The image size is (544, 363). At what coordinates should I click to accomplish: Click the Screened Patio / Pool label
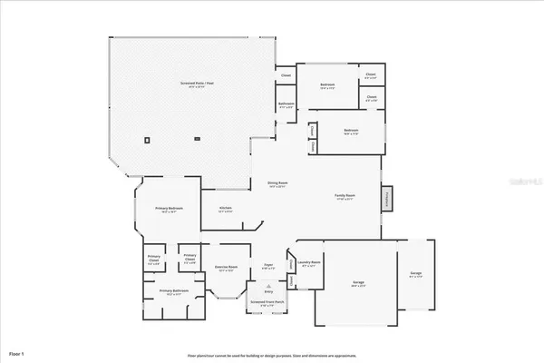[198, 83]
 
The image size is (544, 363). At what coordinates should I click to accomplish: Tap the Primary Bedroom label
[169, 208]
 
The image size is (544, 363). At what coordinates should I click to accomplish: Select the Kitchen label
[226, 208]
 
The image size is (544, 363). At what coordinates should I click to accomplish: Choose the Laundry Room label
[307, 264]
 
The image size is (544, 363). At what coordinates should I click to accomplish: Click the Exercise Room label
[226, 267]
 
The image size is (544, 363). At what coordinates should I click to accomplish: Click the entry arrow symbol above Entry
[267, 282]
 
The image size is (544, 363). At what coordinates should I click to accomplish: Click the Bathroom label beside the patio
[286, 104]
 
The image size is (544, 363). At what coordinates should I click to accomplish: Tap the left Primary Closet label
[154, 259]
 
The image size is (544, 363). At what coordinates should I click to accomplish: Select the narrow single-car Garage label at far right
[415, 273]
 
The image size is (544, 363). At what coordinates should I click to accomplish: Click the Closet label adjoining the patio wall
[286, 75]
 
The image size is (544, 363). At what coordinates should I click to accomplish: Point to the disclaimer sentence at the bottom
[272, 356]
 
